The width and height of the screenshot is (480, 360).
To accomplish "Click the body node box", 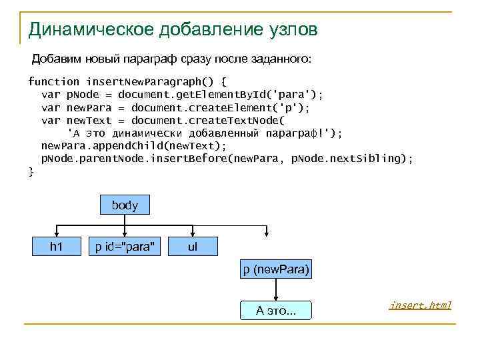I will click(x=125, y=205).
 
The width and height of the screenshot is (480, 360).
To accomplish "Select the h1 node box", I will click(x=57, y=247).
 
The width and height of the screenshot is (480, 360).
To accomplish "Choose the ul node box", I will click(x=193, y=247).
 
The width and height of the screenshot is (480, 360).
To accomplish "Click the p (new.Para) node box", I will click(x=276, y=270).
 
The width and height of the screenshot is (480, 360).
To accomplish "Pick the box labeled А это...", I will click(x=276, y=310).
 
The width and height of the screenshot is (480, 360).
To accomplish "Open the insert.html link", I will click(x=421, y=305).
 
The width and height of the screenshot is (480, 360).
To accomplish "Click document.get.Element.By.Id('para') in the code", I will click(x=220, y=95).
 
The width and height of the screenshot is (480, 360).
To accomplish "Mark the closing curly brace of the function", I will click(x=31, y=171).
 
